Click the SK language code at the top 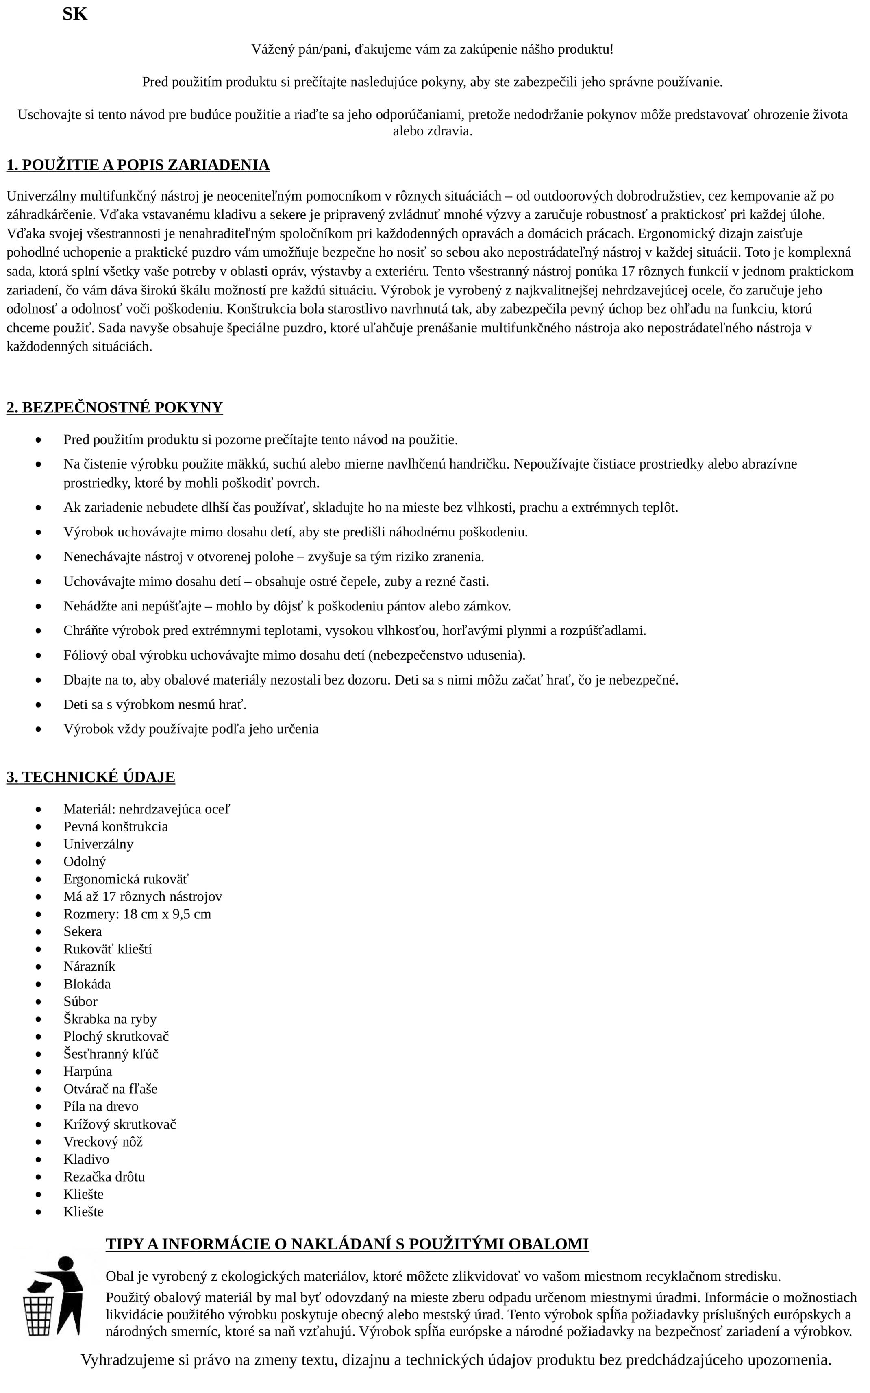pyautogui.click(x=75, y=14)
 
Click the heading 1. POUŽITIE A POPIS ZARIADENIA pyautogui.click(x=138, y=165)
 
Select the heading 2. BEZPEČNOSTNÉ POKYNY pyautogui.click(x=115, y=408)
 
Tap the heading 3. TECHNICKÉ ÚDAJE pyautogui.click(x=91, y=777)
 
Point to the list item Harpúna pyautogui.click(x=87, y=1071)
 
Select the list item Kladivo pyautogui.click(x=86, y=1159)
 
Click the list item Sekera pyautogui.click(x=82, y=931)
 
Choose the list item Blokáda pyautogui.click(x=87, y=984)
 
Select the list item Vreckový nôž pyautogui.click(x=102, y=1142)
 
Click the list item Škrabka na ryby pyautogui.click(x=110, y=1019)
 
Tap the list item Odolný pyautogui.click(x=85, y=862)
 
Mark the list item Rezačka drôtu pyautogui.click(x=104, y=1177)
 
